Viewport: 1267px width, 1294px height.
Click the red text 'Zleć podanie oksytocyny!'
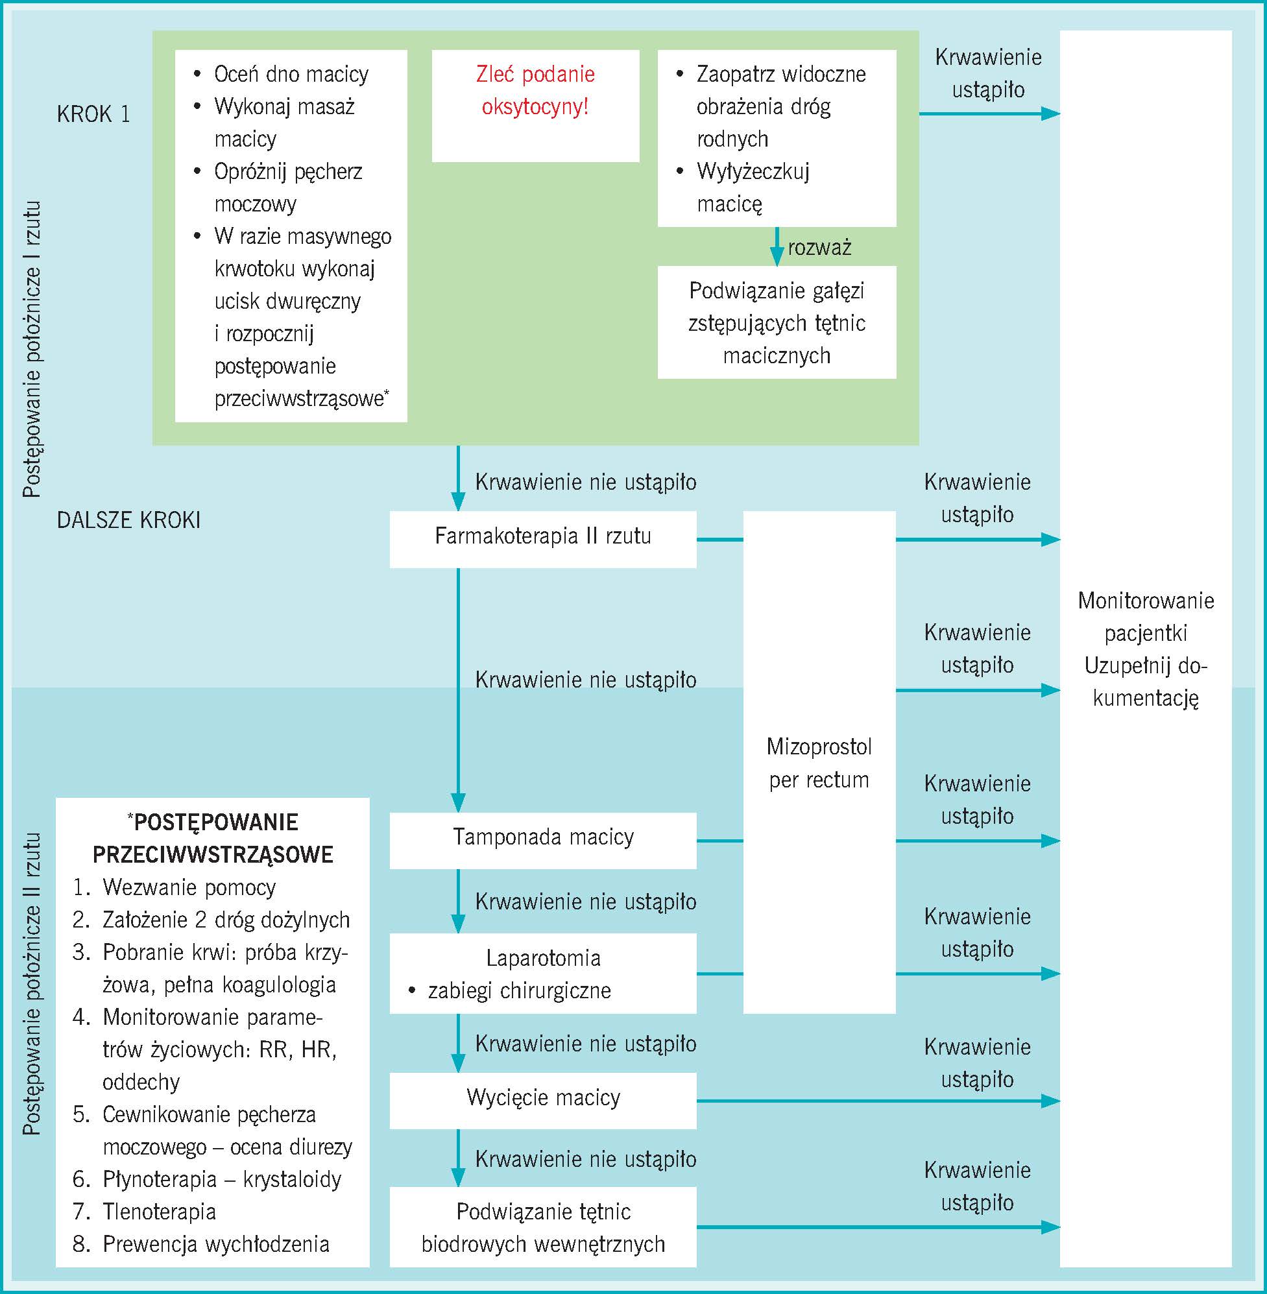tap(535, 90)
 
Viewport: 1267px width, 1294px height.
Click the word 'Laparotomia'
tap(543, 958)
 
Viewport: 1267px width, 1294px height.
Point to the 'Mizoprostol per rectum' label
tap(819, 763)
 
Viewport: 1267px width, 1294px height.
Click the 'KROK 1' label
tap(93, 114)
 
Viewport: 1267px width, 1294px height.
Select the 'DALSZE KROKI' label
tap(128, 520)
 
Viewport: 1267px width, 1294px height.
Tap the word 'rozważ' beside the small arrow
tap(819, 248)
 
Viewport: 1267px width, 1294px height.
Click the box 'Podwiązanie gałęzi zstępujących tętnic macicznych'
tap(777, 323)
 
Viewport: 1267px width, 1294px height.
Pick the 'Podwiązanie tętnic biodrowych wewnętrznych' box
tap(542, 1227)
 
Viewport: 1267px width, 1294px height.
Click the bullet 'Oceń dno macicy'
tap(291, 74)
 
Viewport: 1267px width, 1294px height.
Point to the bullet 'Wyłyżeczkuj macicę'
tap(752, 187)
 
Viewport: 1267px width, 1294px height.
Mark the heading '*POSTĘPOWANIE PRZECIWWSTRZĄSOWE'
tap(213, 838)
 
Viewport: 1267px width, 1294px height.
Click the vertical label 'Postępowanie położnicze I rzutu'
tap(32, 349)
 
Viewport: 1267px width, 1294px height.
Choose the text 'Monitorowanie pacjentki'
tap(1145, 617)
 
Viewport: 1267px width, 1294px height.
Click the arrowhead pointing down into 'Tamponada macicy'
tap(458, 802)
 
